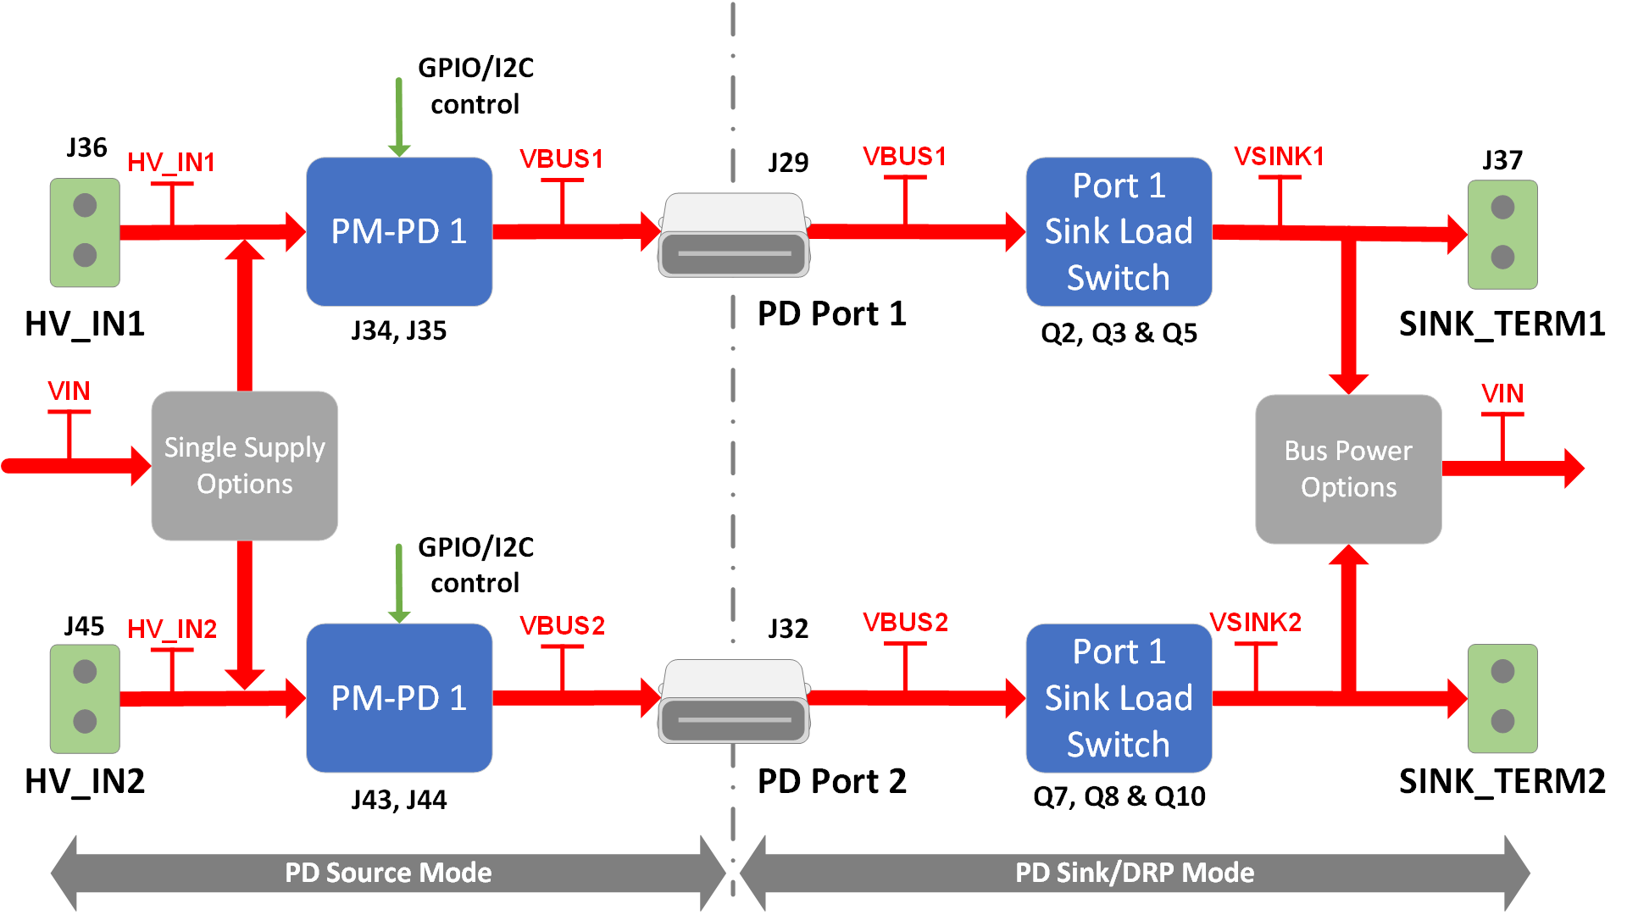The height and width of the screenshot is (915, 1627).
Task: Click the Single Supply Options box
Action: (244, 465)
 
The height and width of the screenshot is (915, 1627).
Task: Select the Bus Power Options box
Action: (1347, 469)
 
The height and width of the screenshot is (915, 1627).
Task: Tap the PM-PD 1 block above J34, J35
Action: (398, 231)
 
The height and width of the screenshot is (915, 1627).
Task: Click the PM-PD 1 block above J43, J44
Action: (398, 697)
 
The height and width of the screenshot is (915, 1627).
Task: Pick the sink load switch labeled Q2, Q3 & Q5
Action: (1118, 231)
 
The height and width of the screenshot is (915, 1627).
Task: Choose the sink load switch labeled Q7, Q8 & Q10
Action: (1118, 697)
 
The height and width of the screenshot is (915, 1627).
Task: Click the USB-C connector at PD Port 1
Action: (733, 236)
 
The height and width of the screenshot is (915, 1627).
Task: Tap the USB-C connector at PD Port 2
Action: (733, 701)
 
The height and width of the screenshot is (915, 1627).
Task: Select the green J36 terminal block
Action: (85, 231)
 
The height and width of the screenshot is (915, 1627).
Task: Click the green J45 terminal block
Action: (85, 697)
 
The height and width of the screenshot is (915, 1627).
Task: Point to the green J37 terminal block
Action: (1502, 234)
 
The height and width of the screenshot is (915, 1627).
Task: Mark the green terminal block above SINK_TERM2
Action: (1502, 697)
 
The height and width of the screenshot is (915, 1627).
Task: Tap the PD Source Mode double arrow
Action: (388, 873)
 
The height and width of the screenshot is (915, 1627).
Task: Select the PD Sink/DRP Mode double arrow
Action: (1134, 873)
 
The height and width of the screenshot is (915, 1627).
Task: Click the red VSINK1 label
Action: (1278, 157)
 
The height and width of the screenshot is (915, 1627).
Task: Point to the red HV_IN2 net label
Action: (172, 629)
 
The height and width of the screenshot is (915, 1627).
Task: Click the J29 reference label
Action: (788, 162)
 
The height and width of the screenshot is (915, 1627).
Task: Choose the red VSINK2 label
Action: (1254, 623)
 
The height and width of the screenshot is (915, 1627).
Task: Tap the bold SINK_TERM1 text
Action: (1502, 324)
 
